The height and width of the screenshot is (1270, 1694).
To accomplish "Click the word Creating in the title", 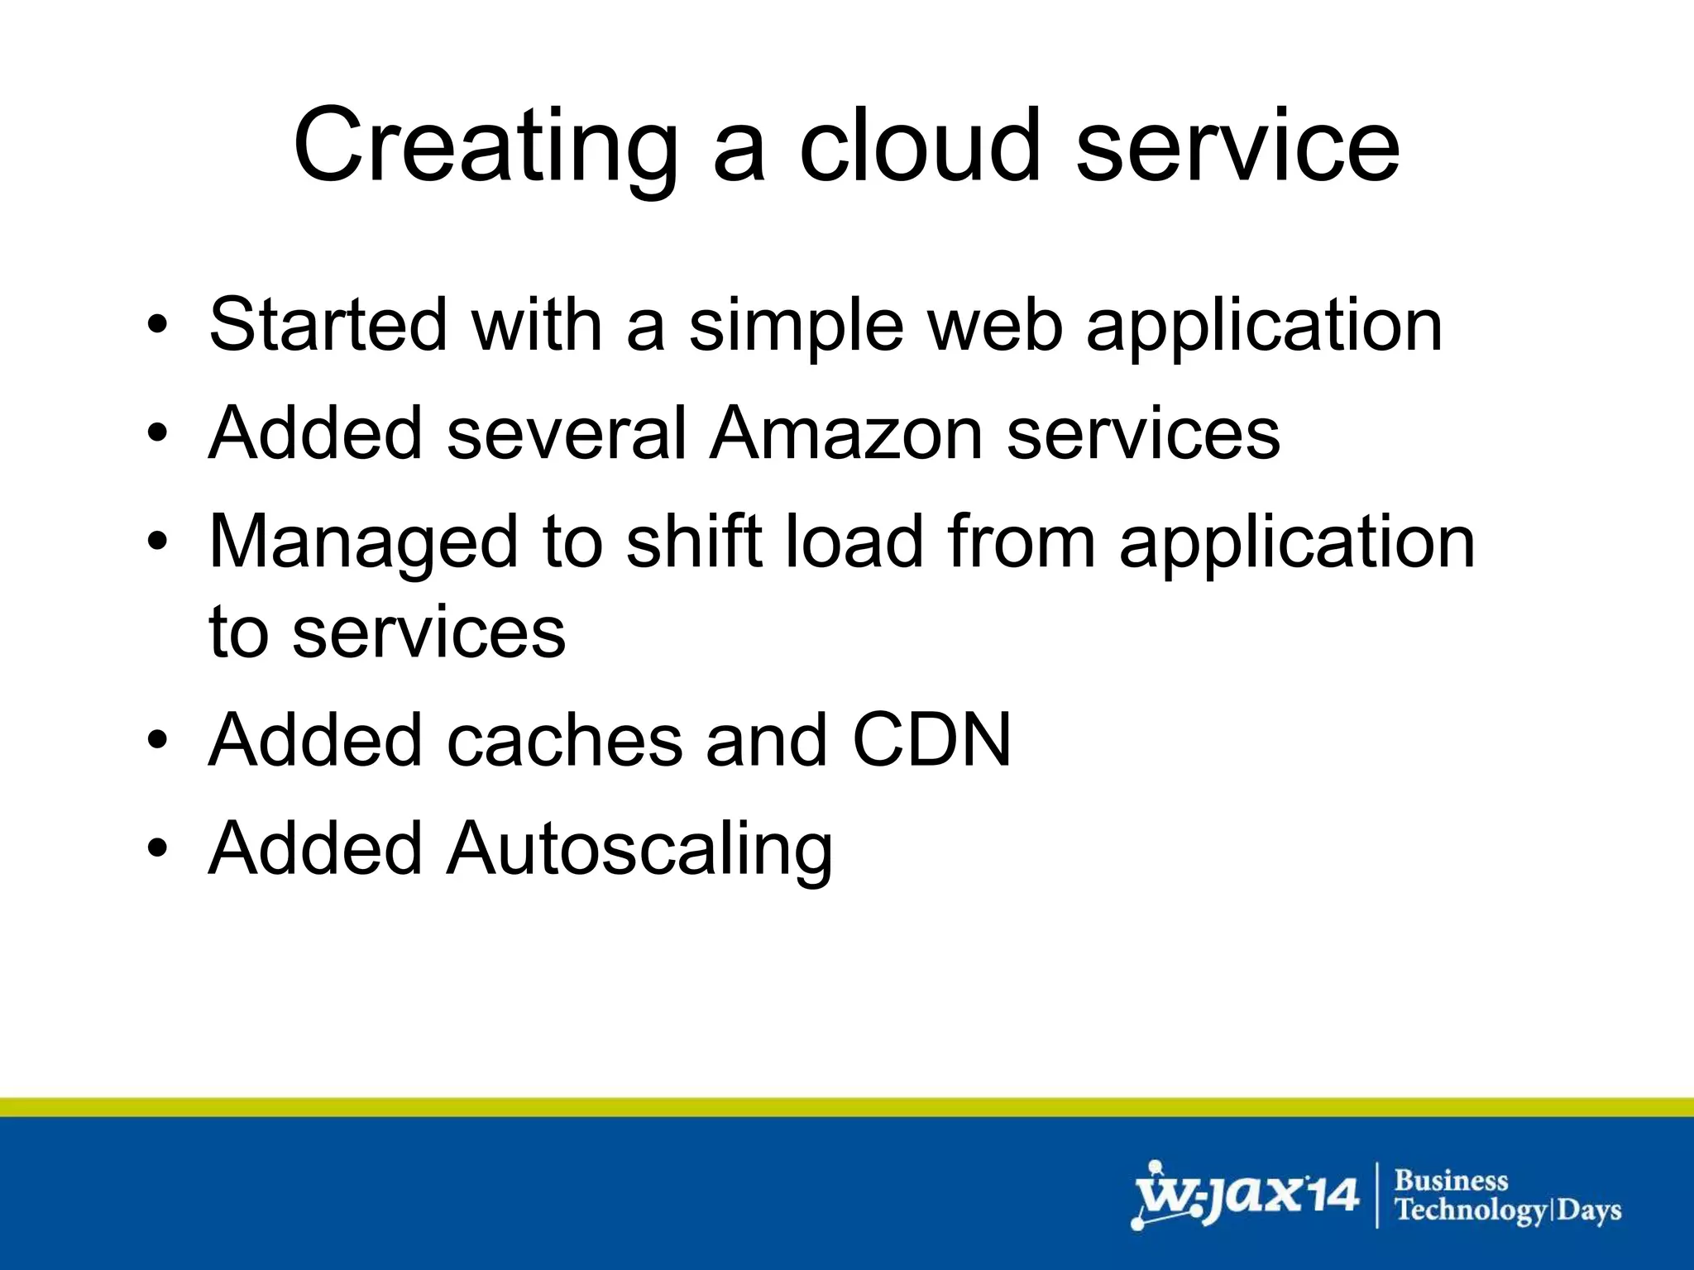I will pyautogui.click(x=486, y=147).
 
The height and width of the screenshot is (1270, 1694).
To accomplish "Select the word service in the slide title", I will pyautogui.click(x=1237, y=147).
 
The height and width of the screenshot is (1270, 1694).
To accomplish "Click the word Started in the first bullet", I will pyautogui.click(x=327, y=325).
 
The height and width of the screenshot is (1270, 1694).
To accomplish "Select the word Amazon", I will pyautogui.click(x=846, y=434).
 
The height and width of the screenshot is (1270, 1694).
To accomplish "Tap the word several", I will pyautogui.click(x=567, y=434).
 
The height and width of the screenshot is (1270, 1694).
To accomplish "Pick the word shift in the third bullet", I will pyautogui.click(x=694, y=542).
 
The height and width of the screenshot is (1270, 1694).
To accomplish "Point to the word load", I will pyautogui.click(x=853, y=542).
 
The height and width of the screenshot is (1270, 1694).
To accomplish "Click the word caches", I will pyautogui.click(x=565, y=740).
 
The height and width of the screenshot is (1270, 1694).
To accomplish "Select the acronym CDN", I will pyautogui.click(x=931, y=740).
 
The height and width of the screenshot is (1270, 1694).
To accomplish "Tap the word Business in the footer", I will pyautogui.click(x=1452, y=1180).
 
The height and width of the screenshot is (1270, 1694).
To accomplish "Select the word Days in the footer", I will pyautogui.click(x=1589, y=1211).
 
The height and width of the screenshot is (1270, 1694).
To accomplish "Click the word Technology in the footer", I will pyautogui.click(x=1470, y=1211).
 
